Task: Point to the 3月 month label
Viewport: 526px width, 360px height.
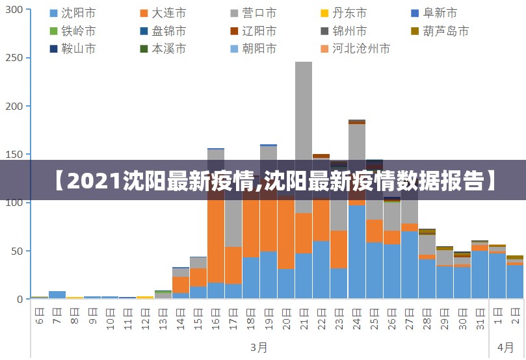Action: pos(259,347)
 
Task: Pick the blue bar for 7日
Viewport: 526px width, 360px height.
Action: pos(57,295)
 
